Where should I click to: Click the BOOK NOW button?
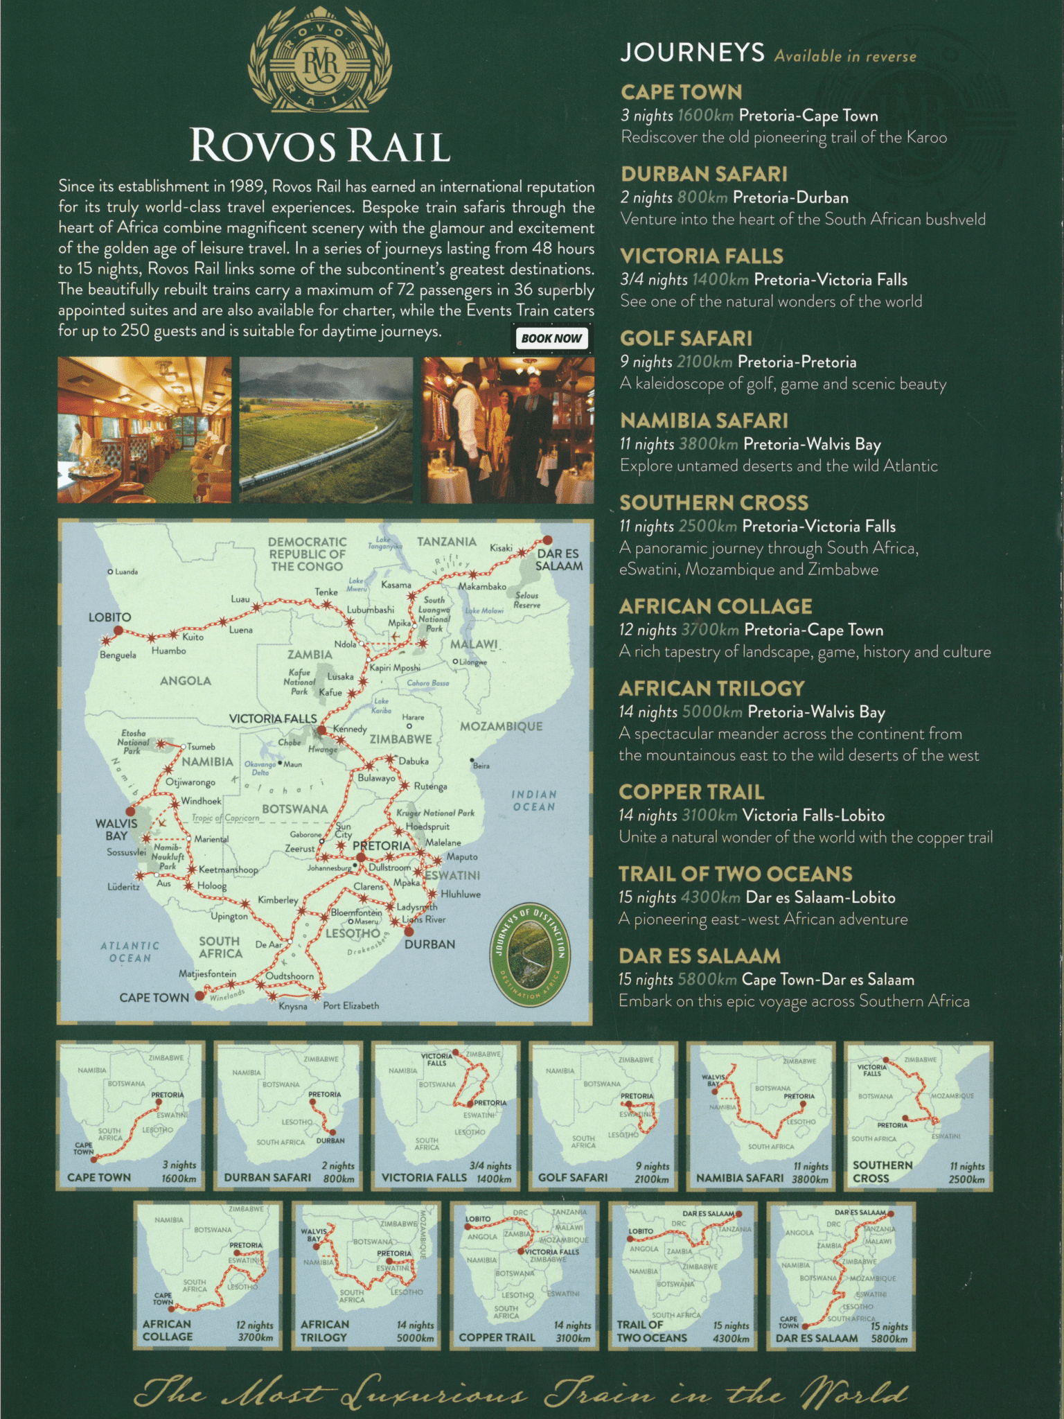point(551,338)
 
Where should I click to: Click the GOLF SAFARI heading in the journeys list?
point(686,338)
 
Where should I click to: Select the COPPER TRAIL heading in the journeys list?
point(691,792)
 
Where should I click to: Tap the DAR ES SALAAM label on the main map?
point(559,560)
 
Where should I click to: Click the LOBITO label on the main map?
point(109,617)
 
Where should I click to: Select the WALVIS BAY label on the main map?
point(116,829)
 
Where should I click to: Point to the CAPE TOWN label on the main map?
point(154,998)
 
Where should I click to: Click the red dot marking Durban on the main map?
point(409,931)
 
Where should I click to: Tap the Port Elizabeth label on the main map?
point(351,1005)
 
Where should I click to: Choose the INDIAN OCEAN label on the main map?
point(533,801)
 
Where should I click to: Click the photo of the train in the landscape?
point(326,430)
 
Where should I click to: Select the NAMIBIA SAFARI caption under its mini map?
point(740,1178)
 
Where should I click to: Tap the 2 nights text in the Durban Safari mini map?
point(337,1165)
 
